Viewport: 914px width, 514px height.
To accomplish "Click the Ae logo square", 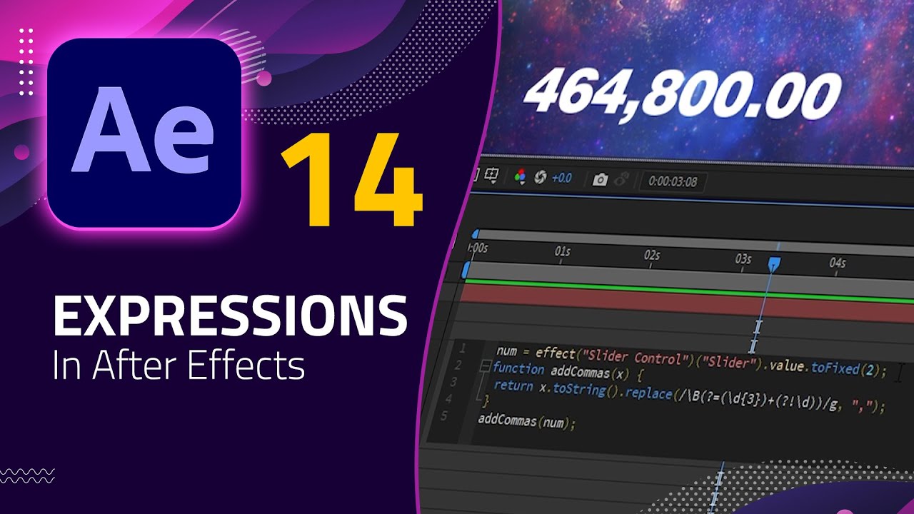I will tap(144, 133).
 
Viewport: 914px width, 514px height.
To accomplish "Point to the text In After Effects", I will tap(179, 365).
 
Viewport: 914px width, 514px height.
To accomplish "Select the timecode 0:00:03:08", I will tap(672, 181).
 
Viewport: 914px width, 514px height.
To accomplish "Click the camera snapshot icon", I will tap(600, 180).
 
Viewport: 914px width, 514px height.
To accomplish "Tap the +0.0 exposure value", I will tap(561, 178).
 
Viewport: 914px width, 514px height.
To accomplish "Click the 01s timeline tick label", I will tap(563, 252).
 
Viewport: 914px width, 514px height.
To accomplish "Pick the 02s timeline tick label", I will tap(651, 256).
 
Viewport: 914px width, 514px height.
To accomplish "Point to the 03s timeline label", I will tap(743, 259).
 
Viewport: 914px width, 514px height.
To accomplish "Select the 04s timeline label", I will tap(837, 263).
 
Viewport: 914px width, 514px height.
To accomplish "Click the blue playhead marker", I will tap(773, 265).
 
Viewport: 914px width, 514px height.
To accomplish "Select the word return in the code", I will tap(513, 386).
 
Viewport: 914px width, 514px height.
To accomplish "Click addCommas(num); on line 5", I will tap(526, 421).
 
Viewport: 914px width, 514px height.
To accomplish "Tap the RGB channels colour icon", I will tap(521, 176).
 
